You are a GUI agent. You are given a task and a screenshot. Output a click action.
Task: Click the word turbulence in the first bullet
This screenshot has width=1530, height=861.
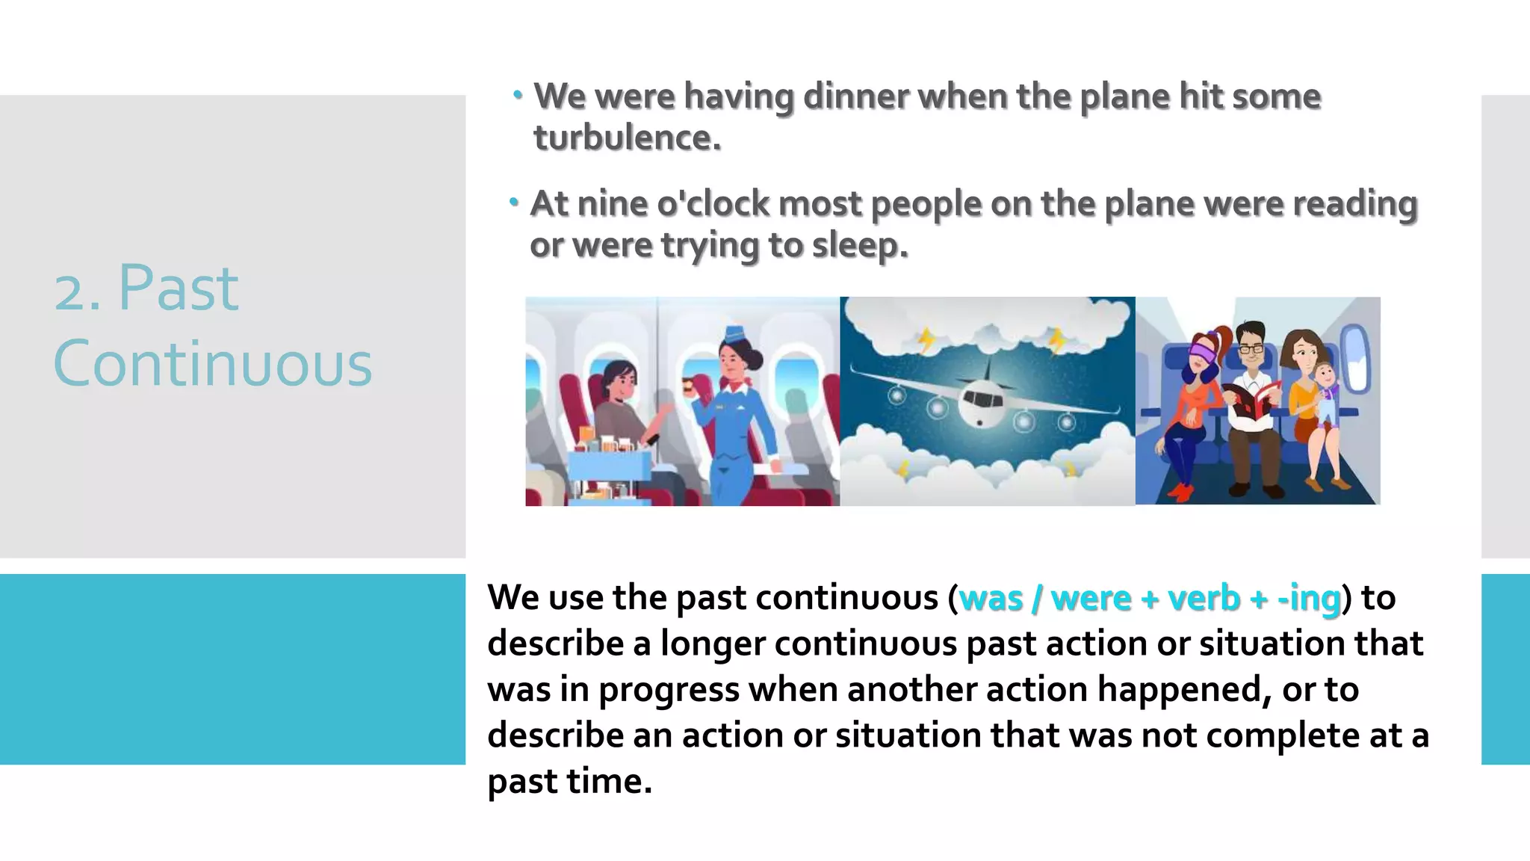[x=627, y=138]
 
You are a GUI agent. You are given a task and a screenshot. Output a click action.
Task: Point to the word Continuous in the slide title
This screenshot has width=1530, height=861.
[x=213, y=364]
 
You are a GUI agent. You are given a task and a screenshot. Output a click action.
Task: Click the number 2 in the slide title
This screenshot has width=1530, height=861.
[x=71, y=291]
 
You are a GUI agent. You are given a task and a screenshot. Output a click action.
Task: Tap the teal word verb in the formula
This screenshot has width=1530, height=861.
[x=1204, y=598]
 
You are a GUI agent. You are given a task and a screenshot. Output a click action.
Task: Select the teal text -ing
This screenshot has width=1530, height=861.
[x=1309, y=598]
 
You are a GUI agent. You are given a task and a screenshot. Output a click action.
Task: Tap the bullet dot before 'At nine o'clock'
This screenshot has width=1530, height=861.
[x=514, y=202]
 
